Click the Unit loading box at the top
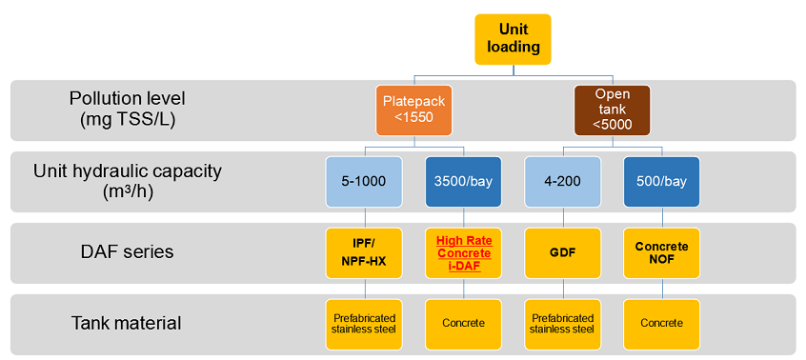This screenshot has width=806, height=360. click(x=513, y=40)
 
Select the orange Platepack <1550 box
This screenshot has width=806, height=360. click(x=413, y=110)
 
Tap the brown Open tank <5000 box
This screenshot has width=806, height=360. click(x=613, y=110)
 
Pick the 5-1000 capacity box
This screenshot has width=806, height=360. click(x=364, y=182)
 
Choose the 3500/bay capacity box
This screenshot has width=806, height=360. click(x=464, y=182)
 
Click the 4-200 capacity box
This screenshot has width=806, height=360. click(x=562, y=182)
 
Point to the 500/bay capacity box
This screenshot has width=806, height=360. click(x=662, y=182)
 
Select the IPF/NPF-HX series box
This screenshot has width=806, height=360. click(x=364, y=253)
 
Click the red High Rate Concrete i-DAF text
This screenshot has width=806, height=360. click(x=464, y=253)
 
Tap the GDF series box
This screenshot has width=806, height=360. click(x=562, y=253)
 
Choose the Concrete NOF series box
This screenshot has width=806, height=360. click(x=662, y=253)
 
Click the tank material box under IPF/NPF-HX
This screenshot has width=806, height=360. click(x=364, y=325)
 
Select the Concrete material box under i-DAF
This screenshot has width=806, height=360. click(x=464, y=325)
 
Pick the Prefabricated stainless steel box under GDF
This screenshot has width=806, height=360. click(x=562, y=325)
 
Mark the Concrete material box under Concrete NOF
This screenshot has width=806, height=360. click(x=662, y=325)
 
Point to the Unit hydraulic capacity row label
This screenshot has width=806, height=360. click(x=128, y=182)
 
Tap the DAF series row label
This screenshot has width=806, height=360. click(x=127, y=252)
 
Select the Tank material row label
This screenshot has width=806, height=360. click(x=127, y=324)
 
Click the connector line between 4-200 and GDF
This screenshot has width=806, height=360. click(x=562, y=218)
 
